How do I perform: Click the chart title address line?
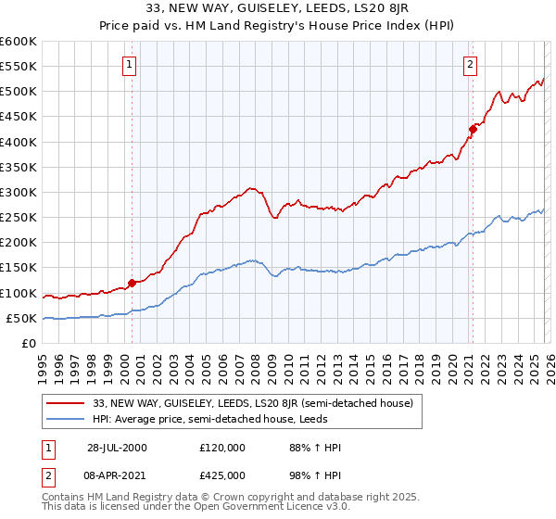click(x=277, y=8)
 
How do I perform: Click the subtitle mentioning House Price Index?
click(x=277, y=25)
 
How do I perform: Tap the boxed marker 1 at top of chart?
click(x=128, y=64)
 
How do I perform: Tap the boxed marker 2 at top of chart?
click(x=471, y=64)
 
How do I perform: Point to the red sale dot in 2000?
click(x=132, y=283)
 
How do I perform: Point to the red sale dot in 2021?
click(x=473, y=129)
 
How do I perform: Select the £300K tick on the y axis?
click(x=19, y=192)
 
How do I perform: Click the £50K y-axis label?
click(x=21, y=318)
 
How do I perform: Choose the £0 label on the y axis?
click(x=29, y=343)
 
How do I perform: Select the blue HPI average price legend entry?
click(x=232, y=419)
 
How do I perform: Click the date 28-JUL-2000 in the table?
click(x=117, y=448)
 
